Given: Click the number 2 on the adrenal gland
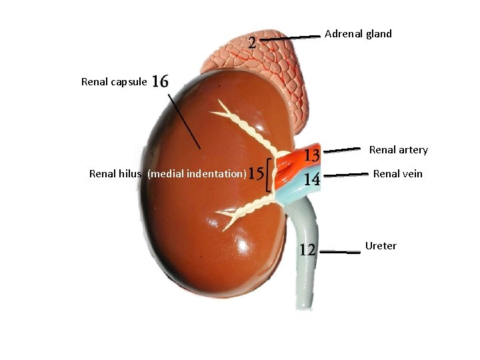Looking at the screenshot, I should pyautogui.click(x=252, y=43).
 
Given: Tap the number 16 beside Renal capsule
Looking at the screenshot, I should pyautogui.click(x=160, y=81).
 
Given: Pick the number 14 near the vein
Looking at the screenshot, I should pyautogui.click(x=312, y=179).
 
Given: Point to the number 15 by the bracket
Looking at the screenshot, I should pyautogui.click(x=255, y=173).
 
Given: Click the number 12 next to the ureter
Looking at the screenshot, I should pyautogui.click(x=307, y=250).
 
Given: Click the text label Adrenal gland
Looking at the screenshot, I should pyautogui.click(x=358, y=33).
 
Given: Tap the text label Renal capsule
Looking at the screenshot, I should pyautogui.click(x=114, y=82).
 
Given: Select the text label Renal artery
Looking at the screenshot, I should pyautogui.click(x=399, y=150).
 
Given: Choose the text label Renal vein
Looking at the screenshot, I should pyautogui.click(x=398, y=174).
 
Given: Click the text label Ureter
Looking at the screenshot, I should pyautogui.click(x=381, y=246).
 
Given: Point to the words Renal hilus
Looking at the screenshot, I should pyautogui.click(x=115, y=174).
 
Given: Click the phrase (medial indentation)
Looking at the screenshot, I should pyautogui.click(x=197, y=174).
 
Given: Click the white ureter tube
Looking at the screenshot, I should pyautogui.click(x=301, y=267).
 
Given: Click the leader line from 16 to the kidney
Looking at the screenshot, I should pyautogui.click(x=183, y=121).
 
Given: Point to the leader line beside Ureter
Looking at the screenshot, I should pyautogui.click(x=343, y=252).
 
